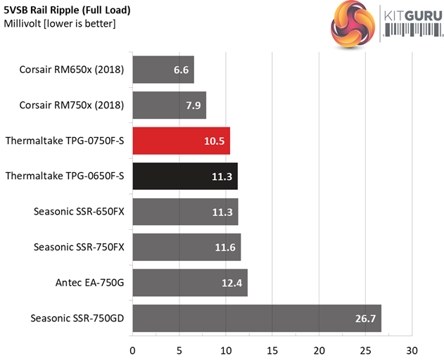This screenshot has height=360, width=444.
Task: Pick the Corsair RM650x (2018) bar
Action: [163, 70]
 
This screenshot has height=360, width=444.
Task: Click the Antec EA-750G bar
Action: [189, 283]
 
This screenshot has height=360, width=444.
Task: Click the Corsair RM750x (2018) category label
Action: [73, 105]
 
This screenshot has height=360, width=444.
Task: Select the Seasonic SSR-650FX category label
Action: [79, 212]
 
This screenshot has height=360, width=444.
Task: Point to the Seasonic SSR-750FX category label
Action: [79, 247]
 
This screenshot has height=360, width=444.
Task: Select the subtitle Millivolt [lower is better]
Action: [60, 24]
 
